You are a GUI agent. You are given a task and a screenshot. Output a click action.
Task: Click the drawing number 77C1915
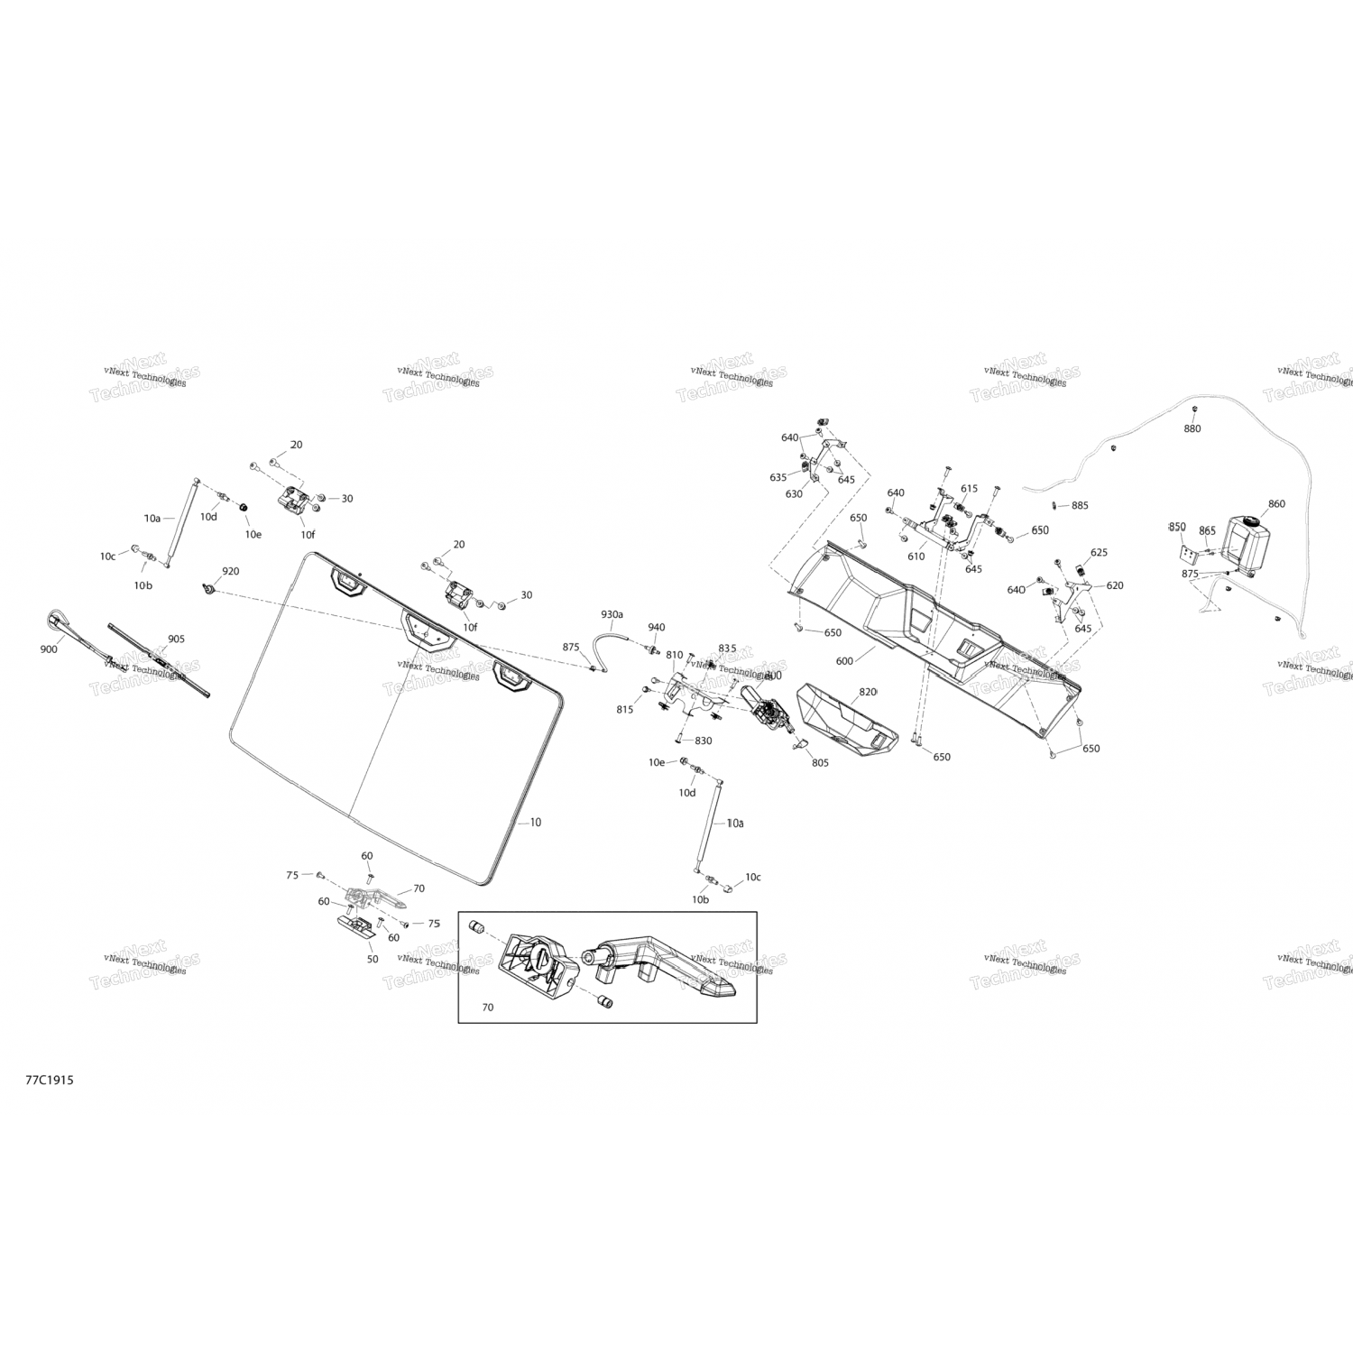(50, 1080)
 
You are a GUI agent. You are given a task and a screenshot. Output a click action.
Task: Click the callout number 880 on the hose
(1192, 428)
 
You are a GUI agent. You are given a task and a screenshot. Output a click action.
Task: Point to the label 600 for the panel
(844, 661)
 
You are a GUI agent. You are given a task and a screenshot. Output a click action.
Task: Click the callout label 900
(49, 649)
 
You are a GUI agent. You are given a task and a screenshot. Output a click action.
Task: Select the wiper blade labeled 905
(158, 664)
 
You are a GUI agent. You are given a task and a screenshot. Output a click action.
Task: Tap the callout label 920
(231, 572)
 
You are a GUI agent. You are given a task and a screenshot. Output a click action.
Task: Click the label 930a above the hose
(612, 614)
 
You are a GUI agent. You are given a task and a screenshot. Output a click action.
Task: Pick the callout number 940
(656, 628)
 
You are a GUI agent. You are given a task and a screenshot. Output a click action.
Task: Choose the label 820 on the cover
(868, 692)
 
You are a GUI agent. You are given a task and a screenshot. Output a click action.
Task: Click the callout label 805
(820, 763)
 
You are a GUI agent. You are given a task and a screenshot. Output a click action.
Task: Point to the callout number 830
(703, 741)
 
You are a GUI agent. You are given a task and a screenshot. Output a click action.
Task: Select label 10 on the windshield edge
(536, 823)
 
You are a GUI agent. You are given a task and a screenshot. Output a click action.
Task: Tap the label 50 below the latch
(373, 959)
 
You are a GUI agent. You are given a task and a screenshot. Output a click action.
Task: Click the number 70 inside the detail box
(488, 1007)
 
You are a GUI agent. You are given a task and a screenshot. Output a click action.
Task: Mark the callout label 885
(1080, 506)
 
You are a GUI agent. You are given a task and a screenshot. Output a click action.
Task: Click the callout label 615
(969, 489)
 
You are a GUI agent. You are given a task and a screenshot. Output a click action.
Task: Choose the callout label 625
(1099, 553)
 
